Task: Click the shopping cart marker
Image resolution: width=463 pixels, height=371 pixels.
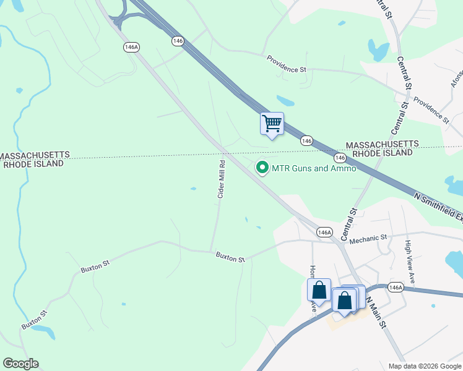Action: pyautogui.click(x=272, y=124)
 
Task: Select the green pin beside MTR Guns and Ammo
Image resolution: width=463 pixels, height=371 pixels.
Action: pyautogui.click(x=262, y=168)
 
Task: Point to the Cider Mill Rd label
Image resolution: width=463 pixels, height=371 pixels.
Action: pyautogui.click(x=221, y=179)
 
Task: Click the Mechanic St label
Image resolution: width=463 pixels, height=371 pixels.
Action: pyautogui.click(x=368, y=237)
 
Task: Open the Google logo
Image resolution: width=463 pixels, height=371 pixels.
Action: pyautogui.click(x=20, y=364)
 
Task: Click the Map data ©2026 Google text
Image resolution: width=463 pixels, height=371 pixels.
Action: pyautogui.click(x=424, y=366)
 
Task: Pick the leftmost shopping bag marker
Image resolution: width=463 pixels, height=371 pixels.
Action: pyautogui.click(x=319, y=290)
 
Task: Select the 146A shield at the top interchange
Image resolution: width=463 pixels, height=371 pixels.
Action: pyautogui.click(x=130, y=47)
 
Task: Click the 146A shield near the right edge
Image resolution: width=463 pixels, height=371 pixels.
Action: pyautogui.click(x=396, y=287)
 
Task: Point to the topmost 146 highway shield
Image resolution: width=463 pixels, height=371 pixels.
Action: pyautogui.click(x=178, y=40)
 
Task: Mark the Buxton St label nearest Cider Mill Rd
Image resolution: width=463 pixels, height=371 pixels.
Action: pyautogui.click(x=230, y=257)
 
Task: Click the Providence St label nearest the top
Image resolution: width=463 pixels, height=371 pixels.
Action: pyautogui.click(x=287, y=64)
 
